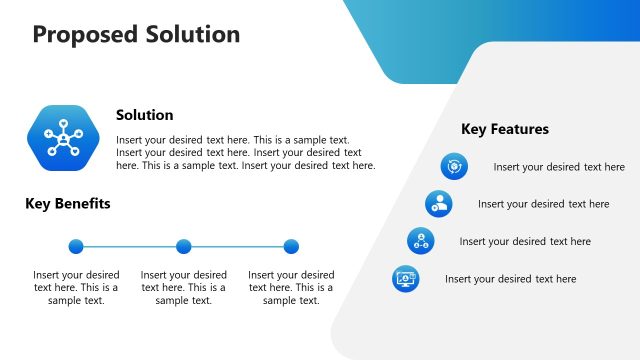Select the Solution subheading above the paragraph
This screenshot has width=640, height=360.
[x=144, y=115]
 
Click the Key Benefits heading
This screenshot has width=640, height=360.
[x=67, y=204]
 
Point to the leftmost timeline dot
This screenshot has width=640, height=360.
[x=76, y=246]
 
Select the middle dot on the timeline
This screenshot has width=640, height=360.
[x=183, y=246]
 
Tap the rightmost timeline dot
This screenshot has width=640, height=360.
[x=291, y=246]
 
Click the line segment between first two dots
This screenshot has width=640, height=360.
[x=130, y=246]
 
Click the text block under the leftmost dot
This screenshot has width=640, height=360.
[x=76, y=287]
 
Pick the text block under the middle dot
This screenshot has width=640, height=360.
[x=183, y=287]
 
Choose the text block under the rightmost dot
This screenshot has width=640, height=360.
[x=291, y=287]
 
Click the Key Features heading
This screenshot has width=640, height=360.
[x=504, y=129]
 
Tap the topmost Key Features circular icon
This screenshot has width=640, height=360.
[x=454, y=166]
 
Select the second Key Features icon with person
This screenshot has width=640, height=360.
[x=438, y=204]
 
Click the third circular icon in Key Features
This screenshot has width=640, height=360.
[x=420, y=241]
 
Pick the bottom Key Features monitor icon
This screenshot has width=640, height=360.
[x=405, y=279]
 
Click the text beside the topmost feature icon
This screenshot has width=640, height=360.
[x=559, y=167]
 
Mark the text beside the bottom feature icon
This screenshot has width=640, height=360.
[x=510, y=279]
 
